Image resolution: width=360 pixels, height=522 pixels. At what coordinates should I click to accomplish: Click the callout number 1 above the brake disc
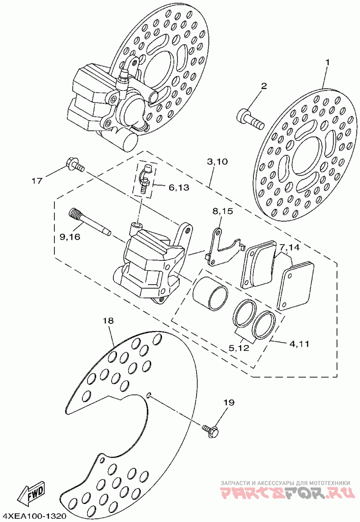tap(327, 62)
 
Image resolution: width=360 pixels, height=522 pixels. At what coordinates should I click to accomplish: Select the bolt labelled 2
tap(251, 119)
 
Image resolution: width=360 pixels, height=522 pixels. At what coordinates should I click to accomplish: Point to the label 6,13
tap(179, 187)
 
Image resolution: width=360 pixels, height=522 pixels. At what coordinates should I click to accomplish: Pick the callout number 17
tap(37, 181)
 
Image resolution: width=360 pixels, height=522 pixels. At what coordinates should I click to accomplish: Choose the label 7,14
tap(289, 247)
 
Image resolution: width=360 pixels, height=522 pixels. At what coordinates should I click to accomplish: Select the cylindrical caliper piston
tap(210, 292)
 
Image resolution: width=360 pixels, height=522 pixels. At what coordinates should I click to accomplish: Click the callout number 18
tap(108, 321)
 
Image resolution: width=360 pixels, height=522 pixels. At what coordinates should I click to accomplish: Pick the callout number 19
tap(229, 403)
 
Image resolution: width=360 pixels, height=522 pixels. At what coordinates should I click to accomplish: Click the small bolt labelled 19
tap(211, 431)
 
